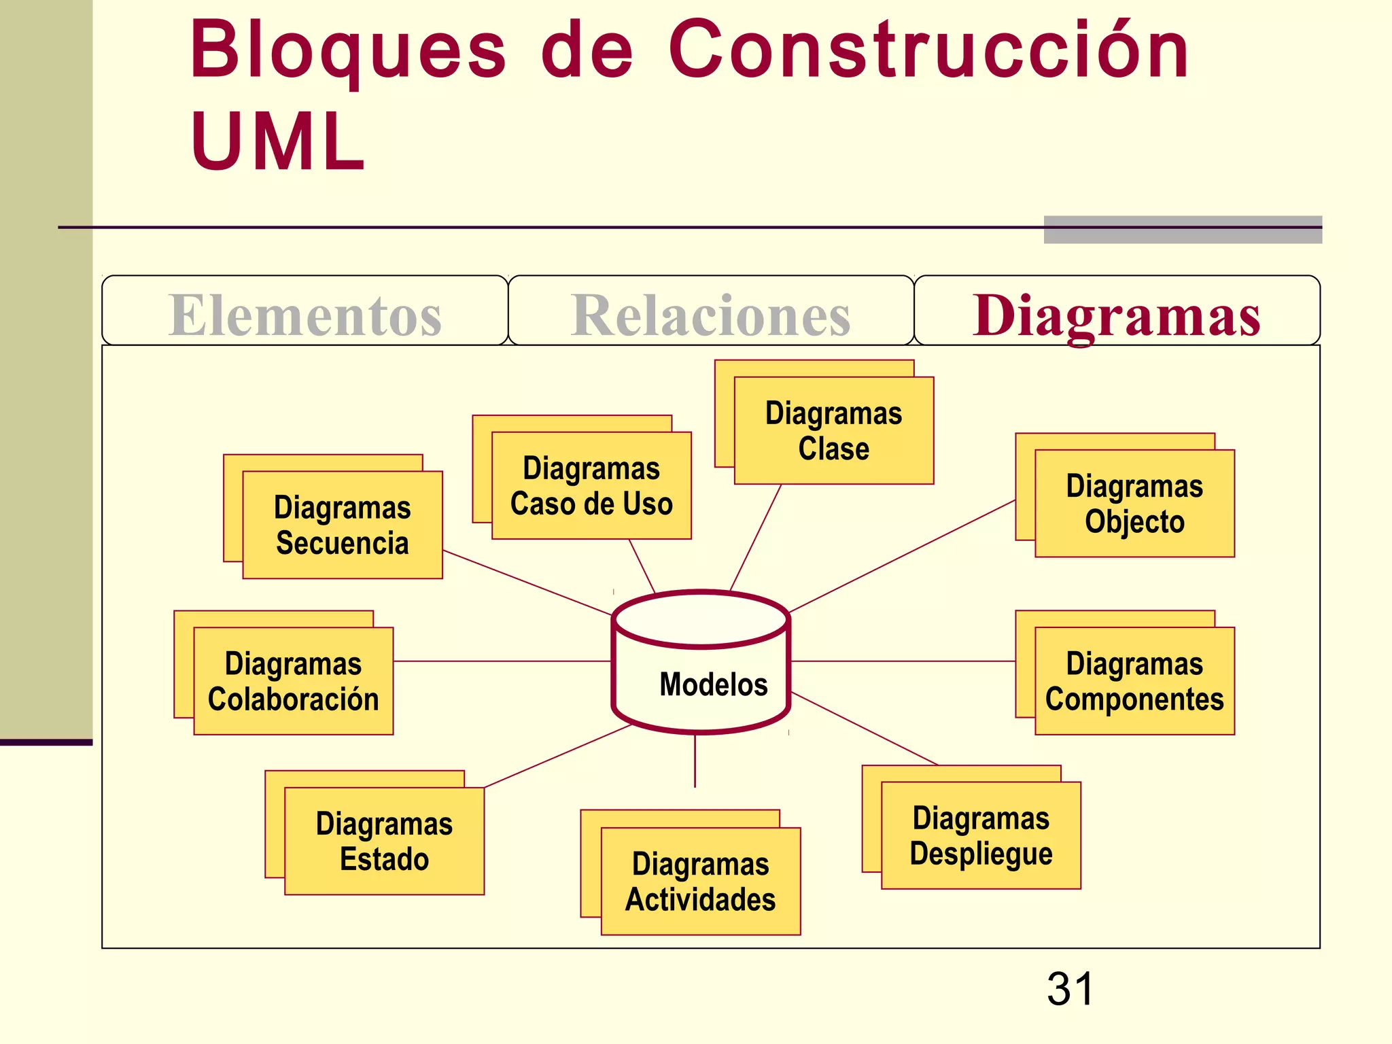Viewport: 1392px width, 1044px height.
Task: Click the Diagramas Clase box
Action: (x=834, y=431)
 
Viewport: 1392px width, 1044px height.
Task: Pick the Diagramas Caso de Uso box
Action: (x=591, y=486)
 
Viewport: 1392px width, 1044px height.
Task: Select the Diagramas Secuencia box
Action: (x=343, y=525)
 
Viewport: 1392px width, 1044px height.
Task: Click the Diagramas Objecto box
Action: (x=1134, y=504)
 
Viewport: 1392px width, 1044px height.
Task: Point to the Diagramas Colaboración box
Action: (x=293, y=681)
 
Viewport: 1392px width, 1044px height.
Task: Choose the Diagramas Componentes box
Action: (x=1134, y=681)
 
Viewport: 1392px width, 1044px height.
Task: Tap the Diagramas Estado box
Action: (x=384, y=841)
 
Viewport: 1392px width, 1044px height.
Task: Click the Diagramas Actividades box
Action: (x=701, y=882)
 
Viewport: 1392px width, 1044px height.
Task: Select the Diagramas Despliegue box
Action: (x=981, y=835)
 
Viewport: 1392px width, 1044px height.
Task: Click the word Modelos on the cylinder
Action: (x=713, y=684)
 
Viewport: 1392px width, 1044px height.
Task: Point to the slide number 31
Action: (x=1070, y=989)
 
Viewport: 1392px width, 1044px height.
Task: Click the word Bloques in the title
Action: (x=348, y=49)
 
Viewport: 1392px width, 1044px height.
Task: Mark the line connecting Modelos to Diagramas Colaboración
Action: (x=503, y=661)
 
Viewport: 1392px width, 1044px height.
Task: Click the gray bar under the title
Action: (x=1183, y=230)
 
